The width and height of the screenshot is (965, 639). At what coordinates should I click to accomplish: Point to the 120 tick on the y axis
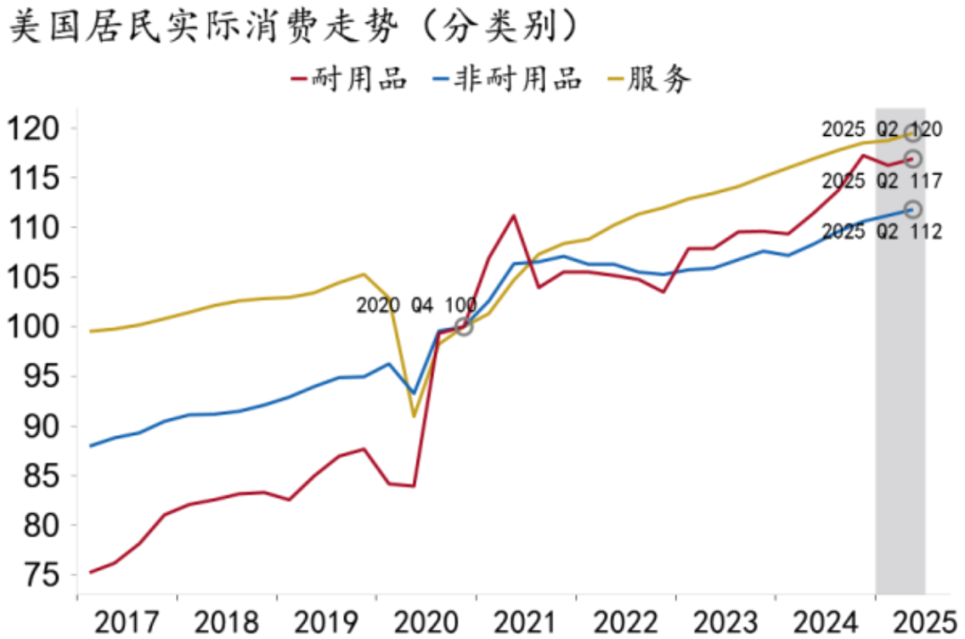click(x=37, y=128)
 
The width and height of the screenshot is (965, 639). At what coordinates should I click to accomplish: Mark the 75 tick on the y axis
click(x=43, y=575)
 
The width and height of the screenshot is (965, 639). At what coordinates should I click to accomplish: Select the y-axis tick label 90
click(x=43, y=426)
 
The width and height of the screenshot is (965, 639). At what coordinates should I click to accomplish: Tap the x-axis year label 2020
click(x=426, y=620)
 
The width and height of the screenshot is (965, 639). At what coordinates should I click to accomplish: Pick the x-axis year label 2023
click(x=726, y=620)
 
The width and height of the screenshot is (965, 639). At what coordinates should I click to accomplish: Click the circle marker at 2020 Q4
click(x=464, y=327)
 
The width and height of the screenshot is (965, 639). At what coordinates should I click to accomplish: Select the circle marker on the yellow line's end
click(x=912, y=133)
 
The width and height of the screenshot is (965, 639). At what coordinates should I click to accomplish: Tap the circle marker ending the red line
click(x=912, y=158)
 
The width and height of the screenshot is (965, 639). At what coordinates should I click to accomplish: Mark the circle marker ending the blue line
click(x=912, y=209)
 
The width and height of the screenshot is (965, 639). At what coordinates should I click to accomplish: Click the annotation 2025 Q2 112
click(x=882, y=232)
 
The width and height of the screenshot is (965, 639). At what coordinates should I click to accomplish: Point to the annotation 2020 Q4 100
click(x=416, y=306)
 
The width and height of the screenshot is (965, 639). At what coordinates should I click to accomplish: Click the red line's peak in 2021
click(x=514, y=215)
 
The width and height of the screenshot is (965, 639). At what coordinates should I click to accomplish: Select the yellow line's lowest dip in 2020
click(x=414, y=416)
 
